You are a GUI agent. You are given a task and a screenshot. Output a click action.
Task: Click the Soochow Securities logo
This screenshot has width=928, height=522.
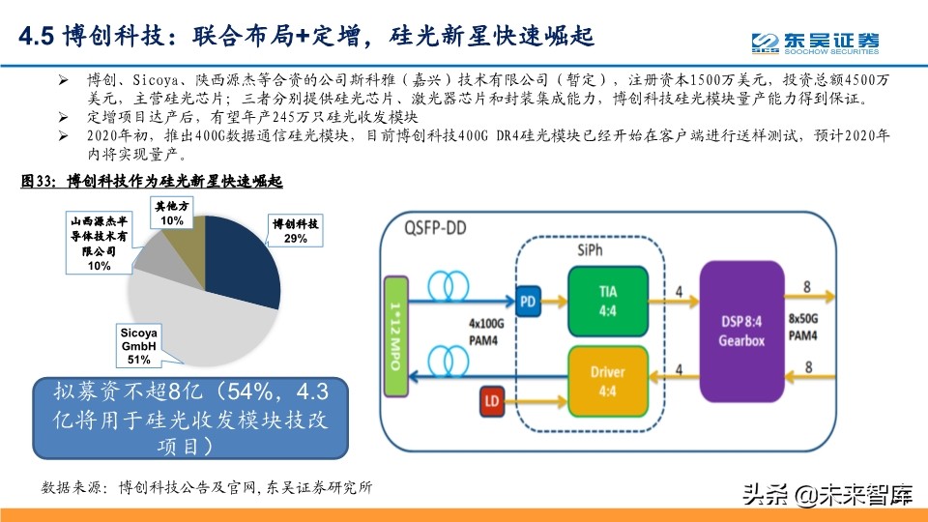tap(817, 41)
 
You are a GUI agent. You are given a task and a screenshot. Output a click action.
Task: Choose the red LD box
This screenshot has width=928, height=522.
tap(491, 398)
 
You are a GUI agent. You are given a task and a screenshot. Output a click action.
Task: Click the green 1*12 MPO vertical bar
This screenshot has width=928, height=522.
tap(397, 335)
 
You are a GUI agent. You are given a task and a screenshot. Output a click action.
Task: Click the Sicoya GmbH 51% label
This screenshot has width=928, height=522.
tap(138, 346)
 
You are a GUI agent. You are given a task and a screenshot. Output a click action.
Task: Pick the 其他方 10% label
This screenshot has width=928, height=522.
tap(172, 213)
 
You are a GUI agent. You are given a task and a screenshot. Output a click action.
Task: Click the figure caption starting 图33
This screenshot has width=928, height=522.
tap(152, 181)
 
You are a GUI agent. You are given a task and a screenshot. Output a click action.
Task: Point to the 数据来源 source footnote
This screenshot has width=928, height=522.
tap(207, 487)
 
